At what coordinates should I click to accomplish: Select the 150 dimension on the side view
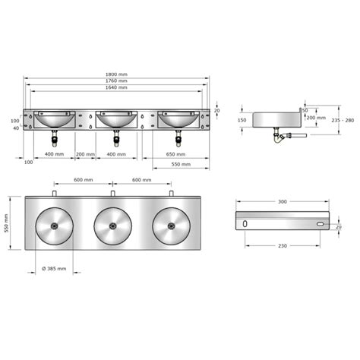click(x=242, y=119)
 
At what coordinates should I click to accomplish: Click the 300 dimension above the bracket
click(x=283, y=201)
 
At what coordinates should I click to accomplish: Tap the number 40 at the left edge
click(x=15, y=128)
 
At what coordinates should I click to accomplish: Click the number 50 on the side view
click(x=305, y=111)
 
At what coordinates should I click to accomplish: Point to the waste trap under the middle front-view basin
click(x=116, y=137)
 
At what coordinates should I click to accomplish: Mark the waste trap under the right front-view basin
click(x=178, y=137)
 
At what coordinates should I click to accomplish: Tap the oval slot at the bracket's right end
click(x=320, y=226)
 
